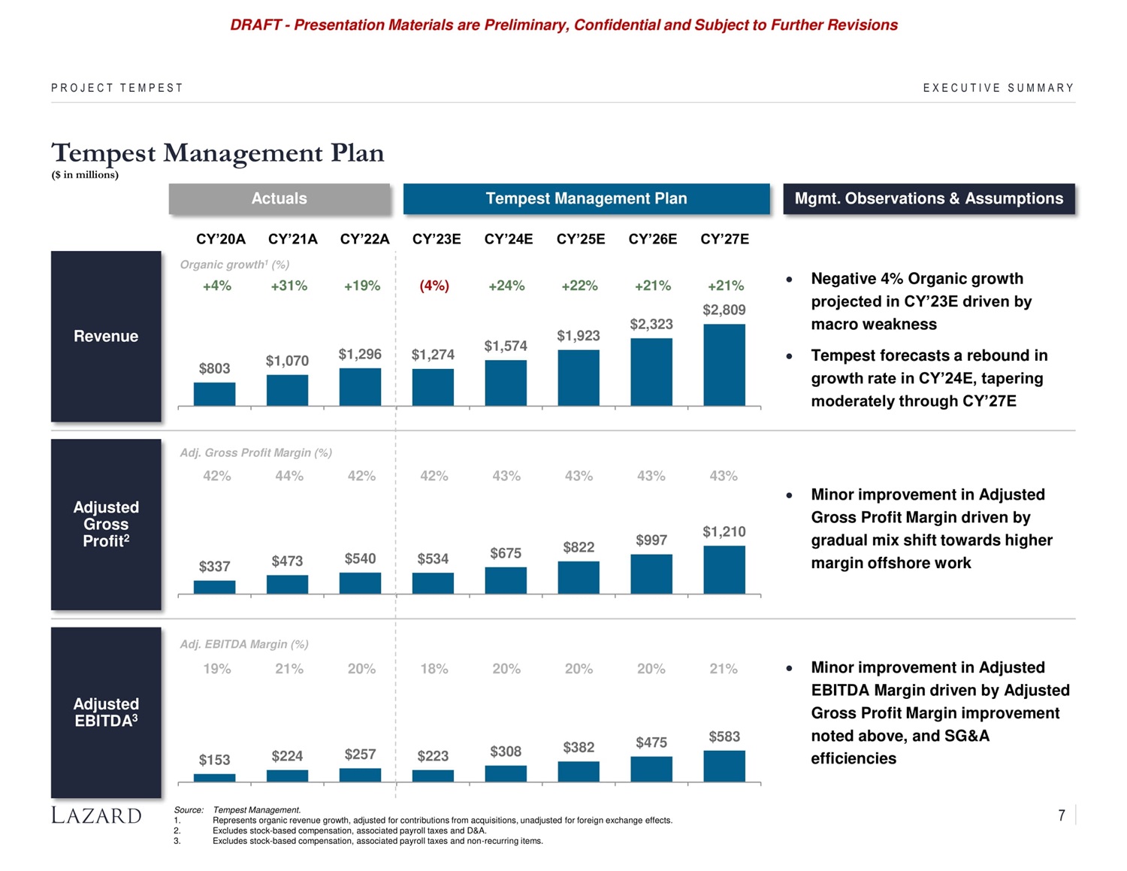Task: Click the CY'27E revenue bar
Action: (724, 365)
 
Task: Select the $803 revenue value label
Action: (214, 368)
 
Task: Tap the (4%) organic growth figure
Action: (434, 286)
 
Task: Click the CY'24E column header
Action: (509, 239)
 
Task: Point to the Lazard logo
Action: (96, 815)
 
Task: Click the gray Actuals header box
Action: (279, 198)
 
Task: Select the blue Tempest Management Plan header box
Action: (586, 198)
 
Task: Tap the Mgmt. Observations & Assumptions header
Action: (929, 198)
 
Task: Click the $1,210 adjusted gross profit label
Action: (724, 532)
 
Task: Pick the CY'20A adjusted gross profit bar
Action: (214, 587)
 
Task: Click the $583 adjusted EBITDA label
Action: (724, 736)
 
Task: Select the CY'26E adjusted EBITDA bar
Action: (651, 770)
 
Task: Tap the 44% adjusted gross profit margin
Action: (289, 476)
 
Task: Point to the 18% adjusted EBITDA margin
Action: (434, 668)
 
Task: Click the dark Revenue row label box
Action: (106, 336)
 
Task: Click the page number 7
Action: (1062, 815)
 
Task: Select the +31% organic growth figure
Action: (289, 286)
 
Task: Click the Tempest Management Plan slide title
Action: (218, 153)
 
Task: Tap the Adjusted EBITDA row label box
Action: (106, 712)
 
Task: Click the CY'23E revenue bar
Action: (433, 387)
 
